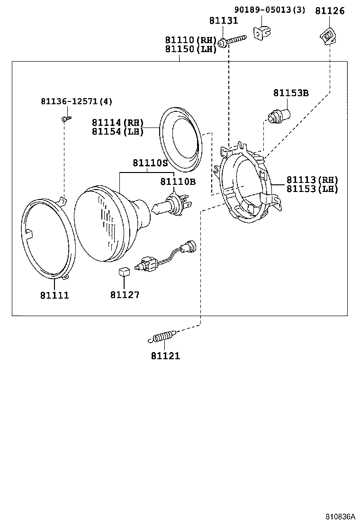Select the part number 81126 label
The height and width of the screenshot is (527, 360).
click(x=330, y=10)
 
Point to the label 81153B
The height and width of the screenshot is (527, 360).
click(x=290, y=93)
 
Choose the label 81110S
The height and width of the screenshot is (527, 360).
click(x=150, y=163)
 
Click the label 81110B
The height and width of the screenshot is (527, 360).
click(x=178, y=182)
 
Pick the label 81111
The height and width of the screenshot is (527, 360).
click(x=54, y=295)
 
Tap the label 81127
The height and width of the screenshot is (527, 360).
click(x=125, y=295)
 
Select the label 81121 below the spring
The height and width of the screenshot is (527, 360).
click(x=166, y=355)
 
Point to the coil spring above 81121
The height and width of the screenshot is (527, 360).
click(x=162, y=337)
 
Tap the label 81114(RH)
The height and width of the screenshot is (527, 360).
click(x=117, y=123)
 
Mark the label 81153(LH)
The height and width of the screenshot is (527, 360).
click(x=312, y=189)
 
